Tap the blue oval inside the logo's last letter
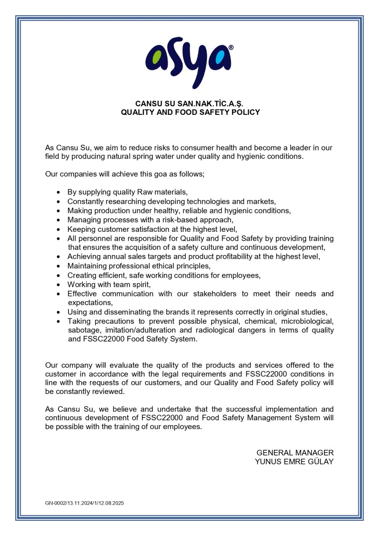[x=220, y=58]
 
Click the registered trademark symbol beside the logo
[x=231, y=47]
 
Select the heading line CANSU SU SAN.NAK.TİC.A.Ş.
[x=190, y=104]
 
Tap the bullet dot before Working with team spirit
[x=58, y=285]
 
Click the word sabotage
[x=83, y=330]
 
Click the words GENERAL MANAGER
[x=295, y=452]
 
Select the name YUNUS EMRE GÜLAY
[x=294, y=462]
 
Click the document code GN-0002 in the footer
[x=55, y=503]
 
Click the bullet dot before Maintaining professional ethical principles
[x=58, y=266]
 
